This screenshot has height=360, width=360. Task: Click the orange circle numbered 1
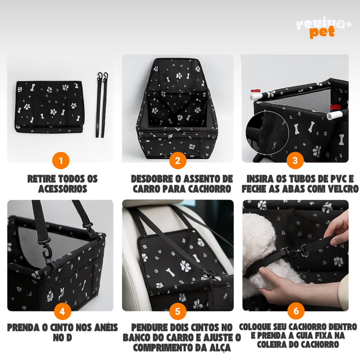pyautogui.click(x=61, y=161)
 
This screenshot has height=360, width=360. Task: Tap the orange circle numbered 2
pyautogui.click(x=178, y=161)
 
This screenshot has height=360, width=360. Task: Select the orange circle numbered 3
pyautogui.click(x=295, y=161)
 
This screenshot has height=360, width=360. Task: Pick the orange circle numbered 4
pyautogui.click(x=63, y=311)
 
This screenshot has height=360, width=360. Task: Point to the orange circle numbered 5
pyautogui.click(x=178, y=311)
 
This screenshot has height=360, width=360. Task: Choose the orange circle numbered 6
pyautogui.click(x=296, y=311)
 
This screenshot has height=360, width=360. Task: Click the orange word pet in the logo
pyautogui.click(x=322, y=32)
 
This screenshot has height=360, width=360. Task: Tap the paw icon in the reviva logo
pyautogui.click(x=342, y=23)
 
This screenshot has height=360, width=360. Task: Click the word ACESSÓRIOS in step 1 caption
pyautogui.click(x=63, y=189)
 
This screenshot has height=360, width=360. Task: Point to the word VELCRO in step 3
pyautogui.click(x=343, y=189)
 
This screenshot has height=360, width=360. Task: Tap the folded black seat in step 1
pyautogui.click(x=49, y=107)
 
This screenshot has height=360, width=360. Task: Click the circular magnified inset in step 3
pyautogui.click(x=267, y=132)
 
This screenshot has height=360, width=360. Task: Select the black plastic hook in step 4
pyautogui.click(x=47, y=251)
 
